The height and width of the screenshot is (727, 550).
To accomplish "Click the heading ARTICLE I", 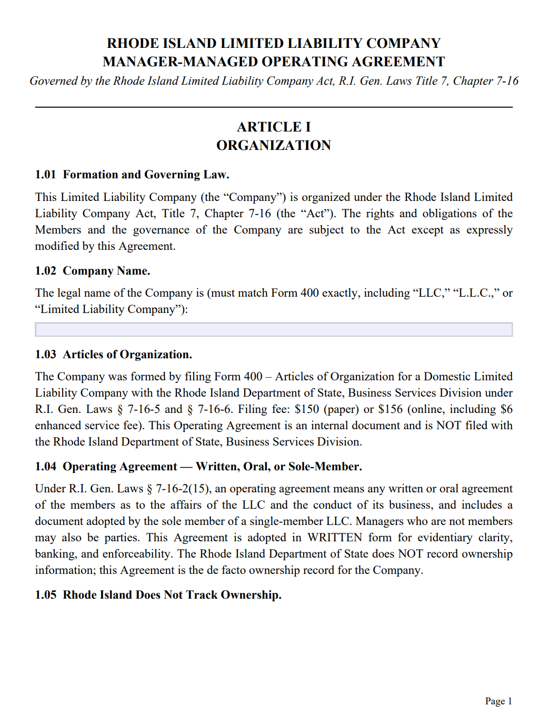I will tap(274, 127).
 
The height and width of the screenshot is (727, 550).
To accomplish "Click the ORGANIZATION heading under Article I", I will tap(274, 145).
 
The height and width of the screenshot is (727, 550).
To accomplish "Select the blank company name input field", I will tap(274, 329).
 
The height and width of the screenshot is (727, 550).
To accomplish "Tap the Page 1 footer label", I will tap(498, 701).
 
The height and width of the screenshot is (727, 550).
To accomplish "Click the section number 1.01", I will tap(45, 175).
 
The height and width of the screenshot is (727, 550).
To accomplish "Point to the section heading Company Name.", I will tap(106, 271).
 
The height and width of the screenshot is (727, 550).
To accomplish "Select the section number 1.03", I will tap(45, 355).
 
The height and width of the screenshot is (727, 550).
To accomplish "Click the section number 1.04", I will tap(45, 467).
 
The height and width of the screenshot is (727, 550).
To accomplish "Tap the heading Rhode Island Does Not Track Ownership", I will tap(172, 595).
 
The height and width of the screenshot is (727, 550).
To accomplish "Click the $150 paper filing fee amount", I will tap(306, 409).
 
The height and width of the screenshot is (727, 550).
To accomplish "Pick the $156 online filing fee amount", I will tap(390, 409).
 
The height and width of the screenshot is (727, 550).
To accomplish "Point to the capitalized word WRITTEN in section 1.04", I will tap(335, 538).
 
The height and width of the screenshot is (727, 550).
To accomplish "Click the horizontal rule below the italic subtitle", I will tap(274, 107).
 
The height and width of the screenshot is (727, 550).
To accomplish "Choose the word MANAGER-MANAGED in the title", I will tap(181, 62).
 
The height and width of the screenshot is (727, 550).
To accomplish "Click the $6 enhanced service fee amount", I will tap(506, 409).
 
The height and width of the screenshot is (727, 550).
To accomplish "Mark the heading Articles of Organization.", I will tap(127, 355).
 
